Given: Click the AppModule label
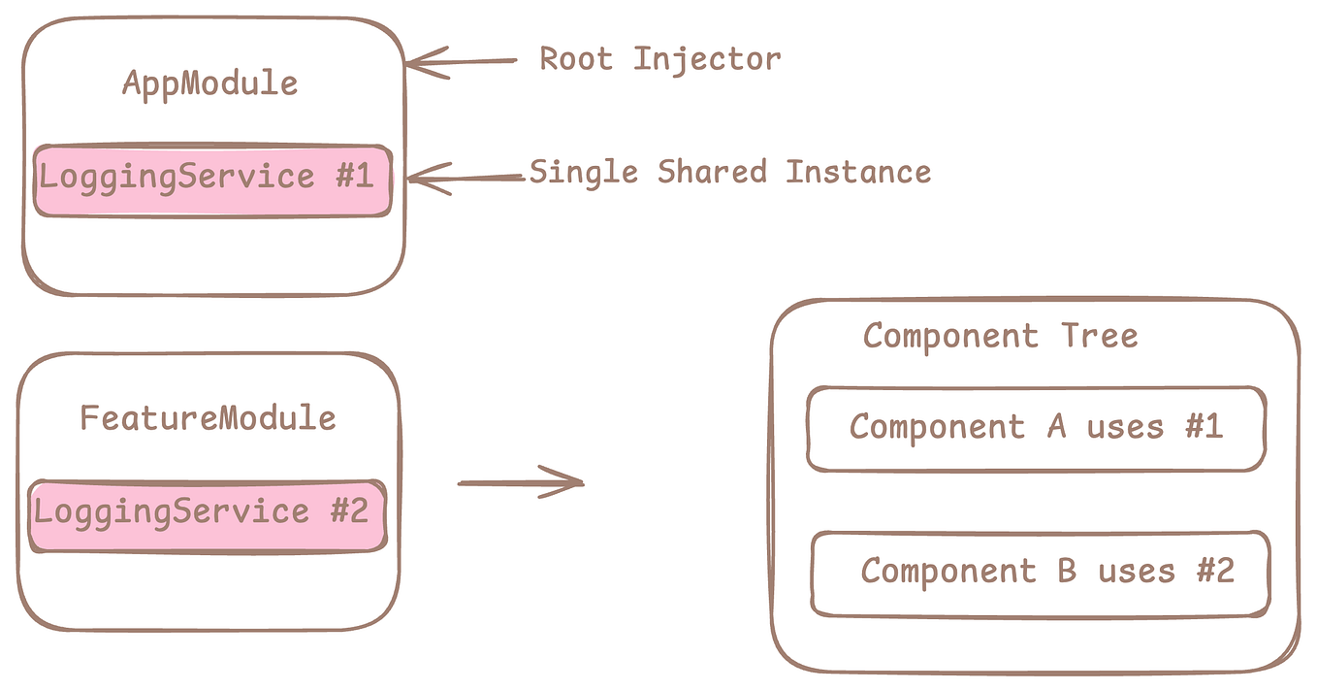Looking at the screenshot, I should [x=209, y=83].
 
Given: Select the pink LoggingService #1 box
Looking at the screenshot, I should [x=213, y=180].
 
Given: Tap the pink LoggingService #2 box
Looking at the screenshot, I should [x=208, y=514].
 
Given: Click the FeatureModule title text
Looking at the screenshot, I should [x=208, y=418].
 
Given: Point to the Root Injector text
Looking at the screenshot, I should [x=659, y=59].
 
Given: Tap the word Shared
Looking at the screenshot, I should [x=711, y=173].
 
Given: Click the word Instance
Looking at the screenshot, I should [x=858, y=173].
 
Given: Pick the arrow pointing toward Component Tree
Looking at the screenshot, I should [x=520, y=481].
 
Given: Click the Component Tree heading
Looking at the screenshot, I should [x=1000, y=337].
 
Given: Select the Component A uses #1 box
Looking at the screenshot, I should [x=1036, y=428].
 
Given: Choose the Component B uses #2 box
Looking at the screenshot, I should [x=1040, y=573].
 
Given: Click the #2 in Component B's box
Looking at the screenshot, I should [x=1214, y=571].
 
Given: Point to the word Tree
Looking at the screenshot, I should [x=1099, y=337].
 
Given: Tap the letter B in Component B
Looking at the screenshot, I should [x=1067, y=571].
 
